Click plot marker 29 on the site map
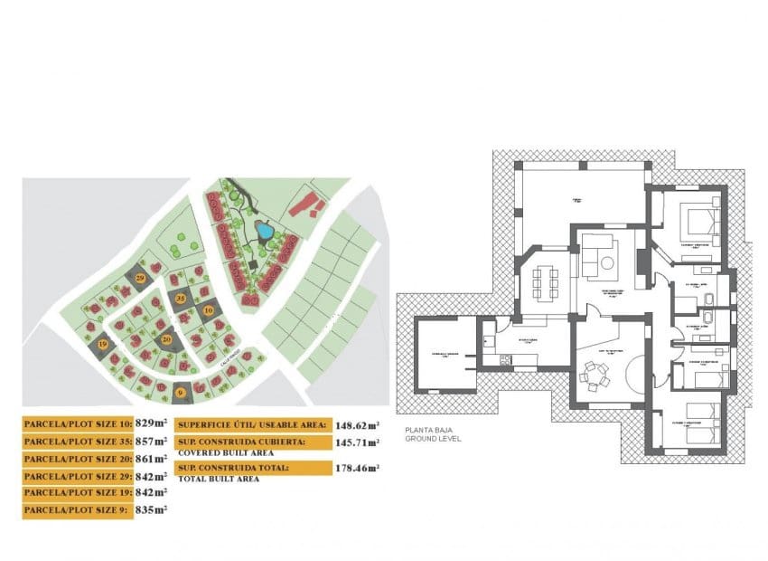(x=140, y=278)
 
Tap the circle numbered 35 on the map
(x=181, y=298)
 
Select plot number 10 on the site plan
(x=208, y=310)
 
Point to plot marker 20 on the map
(x=166, y=339)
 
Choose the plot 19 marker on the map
(x=102, y=345)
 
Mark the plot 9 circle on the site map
(x=181, y=392)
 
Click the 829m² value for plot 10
(x=152, y=423)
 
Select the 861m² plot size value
(x=152, y=458)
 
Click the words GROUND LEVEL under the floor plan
(x=433, y=439)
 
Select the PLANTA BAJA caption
(x=427, y=430)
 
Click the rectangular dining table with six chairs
(x=546, y=281)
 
